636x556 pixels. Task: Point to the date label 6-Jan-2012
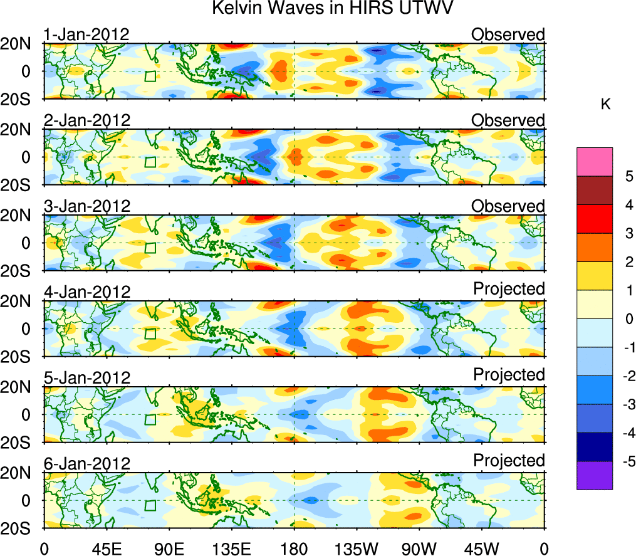(87, 464)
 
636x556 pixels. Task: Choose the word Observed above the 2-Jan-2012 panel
(508, 120)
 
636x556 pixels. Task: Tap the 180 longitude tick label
(294, 548)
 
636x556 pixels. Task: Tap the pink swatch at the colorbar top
(594, 162)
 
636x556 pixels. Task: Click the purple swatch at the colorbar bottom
(594, 475)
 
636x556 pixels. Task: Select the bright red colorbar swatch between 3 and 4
(594, 219)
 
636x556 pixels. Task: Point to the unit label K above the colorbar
(606, 105)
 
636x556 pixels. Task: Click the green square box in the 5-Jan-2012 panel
(150, 419)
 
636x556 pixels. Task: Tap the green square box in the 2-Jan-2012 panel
(150, 162)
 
